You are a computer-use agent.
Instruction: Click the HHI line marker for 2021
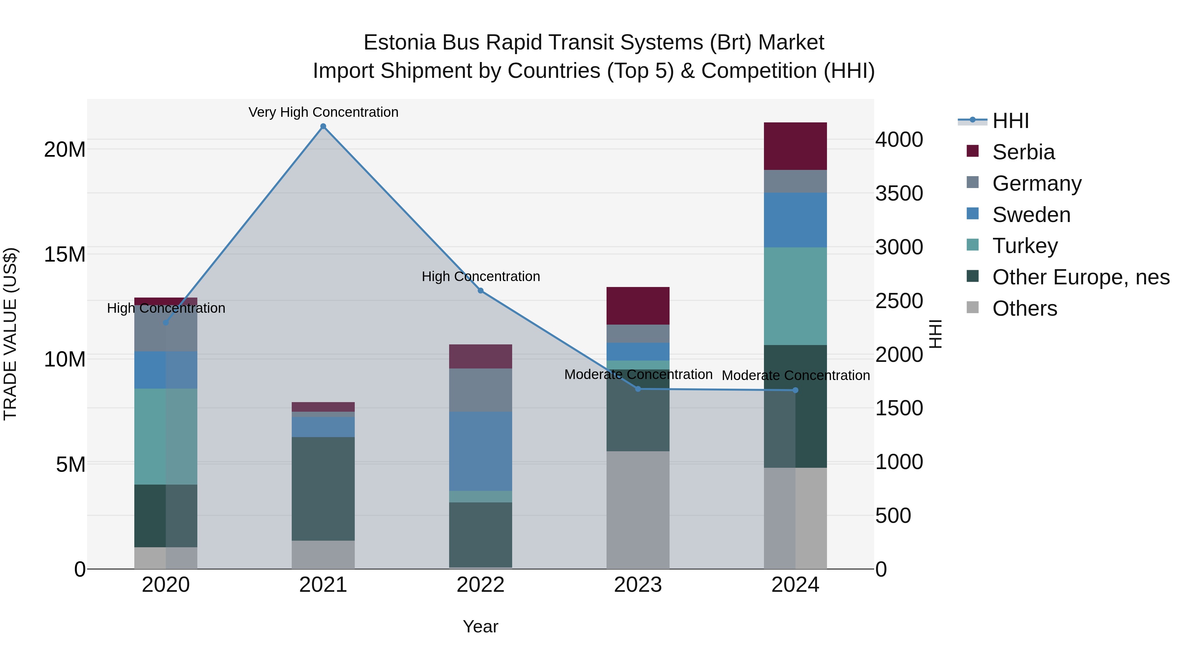coord(323,126)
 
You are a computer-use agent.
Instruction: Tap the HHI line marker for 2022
coord(480,291)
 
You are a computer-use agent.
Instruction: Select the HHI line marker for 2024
coord(795,391)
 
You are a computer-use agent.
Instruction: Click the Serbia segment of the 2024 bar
coord(795,146)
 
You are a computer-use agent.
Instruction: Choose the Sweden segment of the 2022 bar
coord(480,451)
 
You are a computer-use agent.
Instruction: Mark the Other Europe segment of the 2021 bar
coord(323,489)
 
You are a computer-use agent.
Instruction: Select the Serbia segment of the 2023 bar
coord(638,306)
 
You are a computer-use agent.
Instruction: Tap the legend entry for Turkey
coord(1025,246)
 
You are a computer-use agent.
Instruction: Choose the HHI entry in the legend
coord(1010,121)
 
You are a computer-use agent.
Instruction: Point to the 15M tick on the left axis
coord(65,254)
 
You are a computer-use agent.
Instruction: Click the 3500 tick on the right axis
coord(899,193)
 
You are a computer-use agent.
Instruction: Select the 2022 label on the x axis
coord(480,585)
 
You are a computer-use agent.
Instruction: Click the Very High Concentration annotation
coord(323,112)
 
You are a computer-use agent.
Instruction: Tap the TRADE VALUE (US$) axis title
coord(10,334)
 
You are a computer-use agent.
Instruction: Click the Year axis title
coord(480,626)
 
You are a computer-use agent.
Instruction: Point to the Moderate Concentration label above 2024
coord(796,375)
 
